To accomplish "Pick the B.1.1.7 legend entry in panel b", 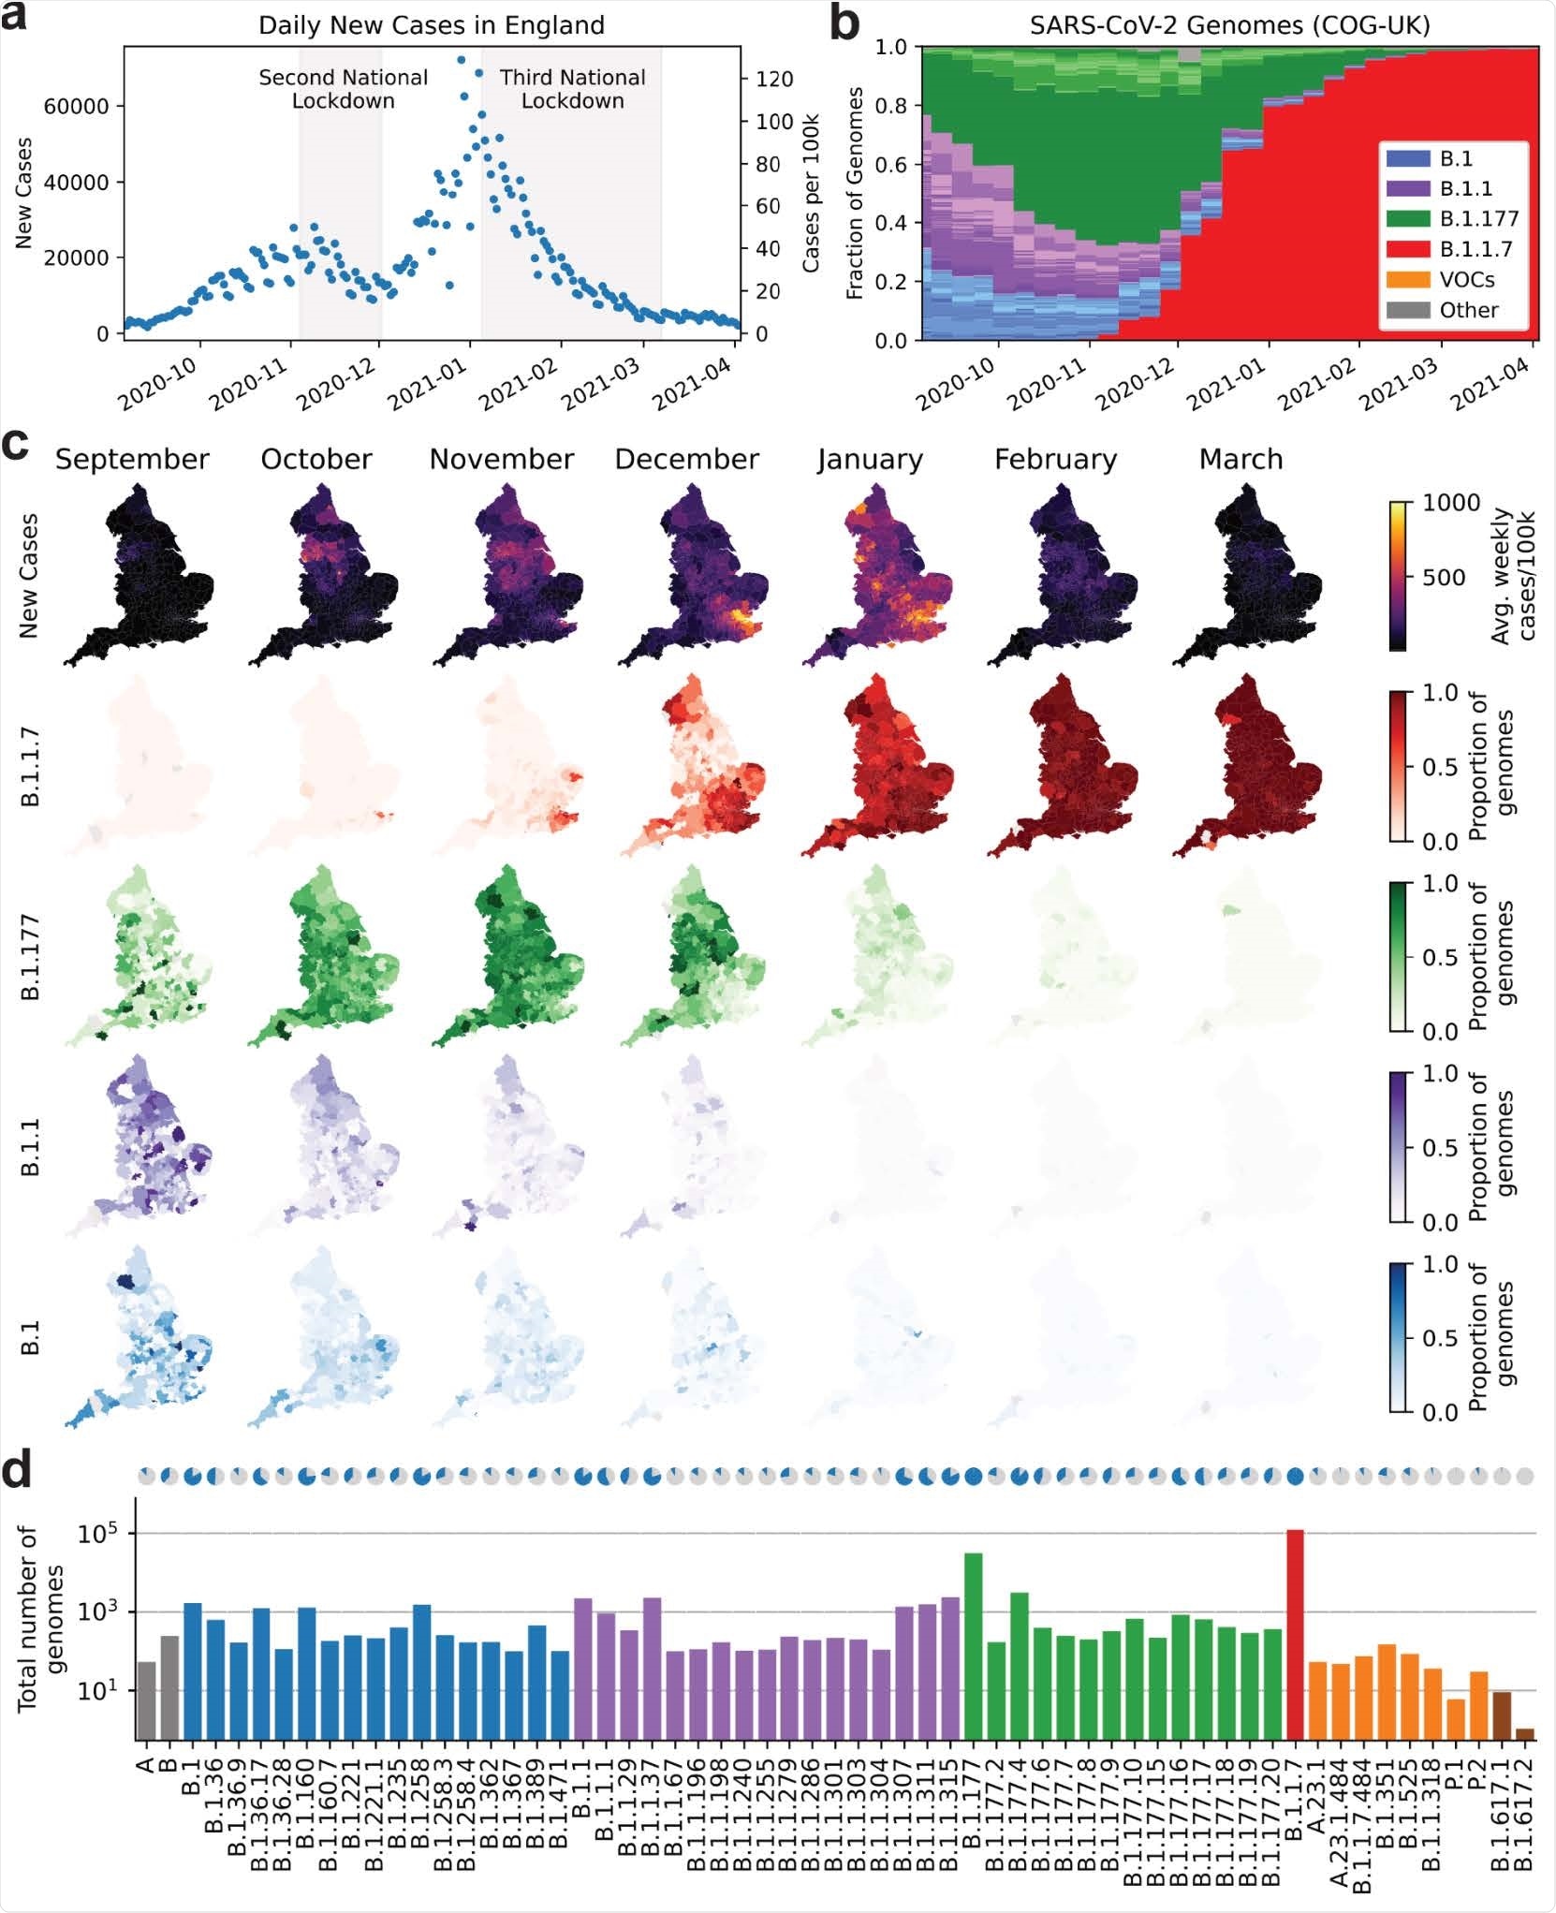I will click(1460, 249).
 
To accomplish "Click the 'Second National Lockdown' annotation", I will click(344, 89).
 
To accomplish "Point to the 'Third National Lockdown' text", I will click(572, 89).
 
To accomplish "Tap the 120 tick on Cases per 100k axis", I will click(774, 79).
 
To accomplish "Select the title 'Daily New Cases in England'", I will click(432, 25).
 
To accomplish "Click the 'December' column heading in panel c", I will click(686, 460).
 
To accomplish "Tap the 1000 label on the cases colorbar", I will click(1451, 504).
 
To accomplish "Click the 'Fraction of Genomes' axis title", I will click(854, 194).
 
